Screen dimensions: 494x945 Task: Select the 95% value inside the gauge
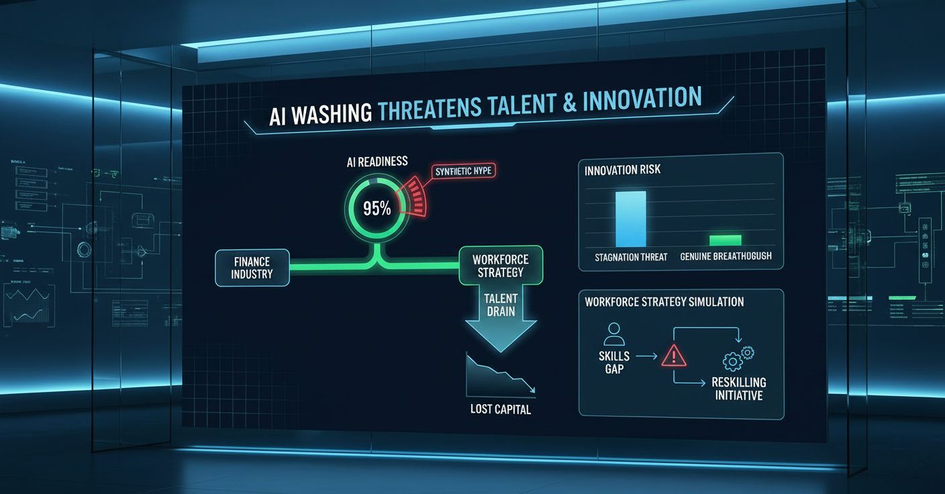coord(377,208)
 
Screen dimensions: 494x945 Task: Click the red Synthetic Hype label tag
coord(462,171)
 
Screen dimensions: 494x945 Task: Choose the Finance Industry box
coord(252,268)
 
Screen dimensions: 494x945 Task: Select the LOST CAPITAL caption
coord(500,409)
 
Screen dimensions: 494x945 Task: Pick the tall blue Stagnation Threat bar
coord(630,219)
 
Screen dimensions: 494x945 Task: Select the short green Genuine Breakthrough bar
coord(725,240)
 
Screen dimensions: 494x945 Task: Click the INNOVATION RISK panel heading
coord(622,170)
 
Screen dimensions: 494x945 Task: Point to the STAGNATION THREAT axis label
coord(630,257)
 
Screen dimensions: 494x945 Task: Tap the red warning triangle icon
coord(673,356)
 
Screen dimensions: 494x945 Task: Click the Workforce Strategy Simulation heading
coord(664,301)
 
